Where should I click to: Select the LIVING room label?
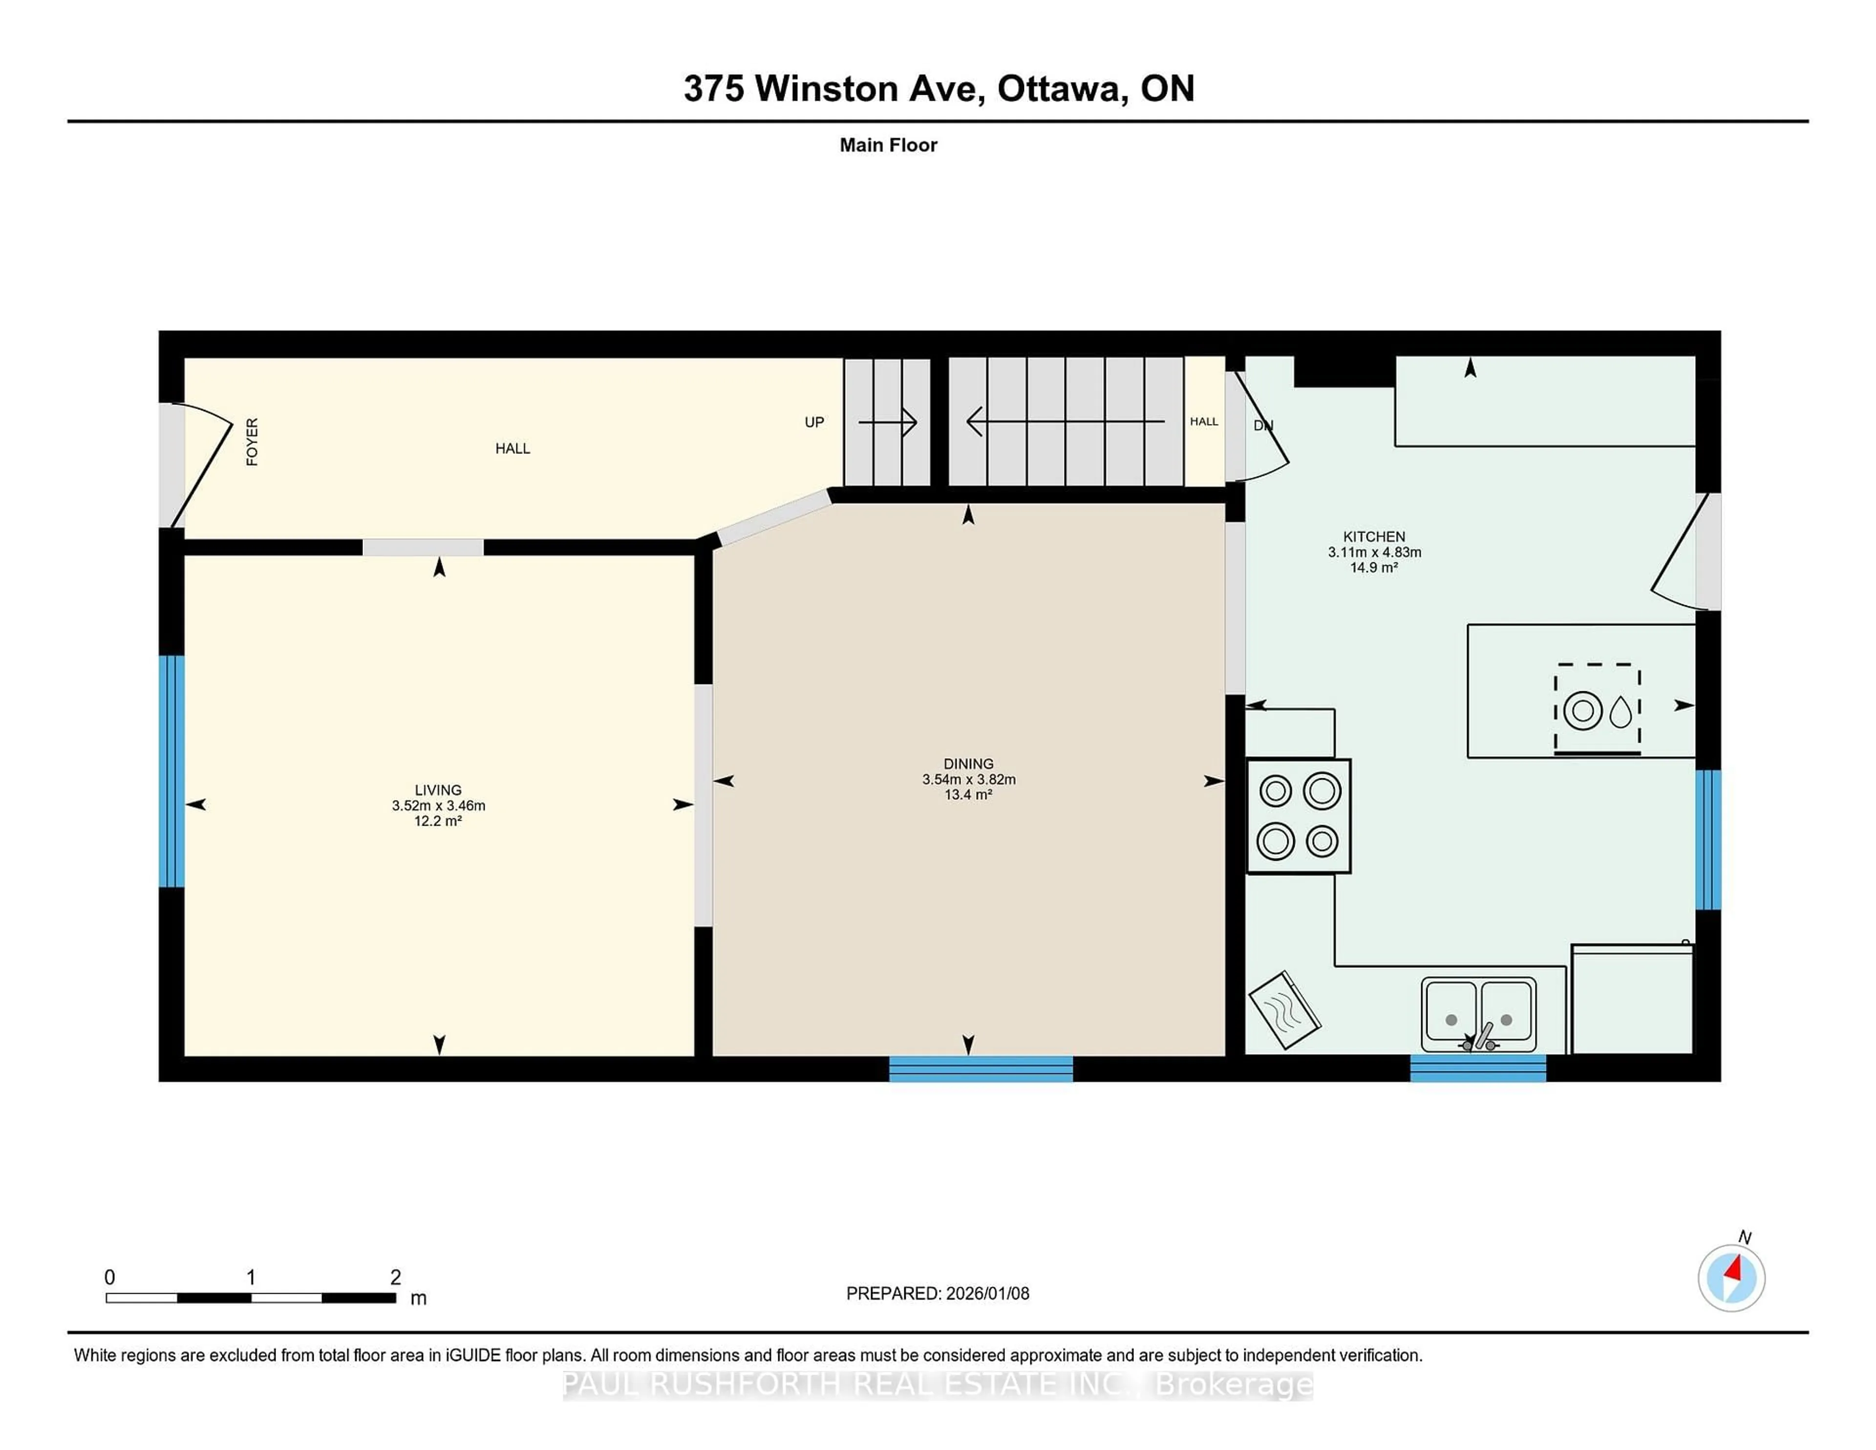(x=438, y=789)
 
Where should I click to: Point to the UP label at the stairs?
(x=813, y=422)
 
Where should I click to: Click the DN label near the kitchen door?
(x=1263, y=425)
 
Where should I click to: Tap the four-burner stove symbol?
(x=1298, y=815)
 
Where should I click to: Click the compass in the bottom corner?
(x=1731, y=1278)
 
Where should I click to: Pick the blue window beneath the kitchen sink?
(x=1477, y=1068)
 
